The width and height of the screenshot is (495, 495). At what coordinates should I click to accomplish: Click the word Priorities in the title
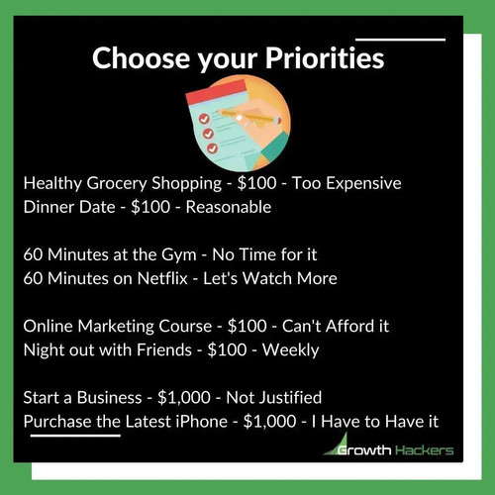(325, 58)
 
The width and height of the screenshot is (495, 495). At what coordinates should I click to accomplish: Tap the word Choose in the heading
(142, 57)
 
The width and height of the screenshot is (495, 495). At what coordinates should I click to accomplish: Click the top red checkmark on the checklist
(204, 119)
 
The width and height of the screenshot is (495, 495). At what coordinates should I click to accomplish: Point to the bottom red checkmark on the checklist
(212, 148)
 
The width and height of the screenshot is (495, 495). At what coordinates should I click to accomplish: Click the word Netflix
(162, 278)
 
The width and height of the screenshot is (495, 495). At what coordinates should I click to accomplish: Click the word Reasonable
(229, 207)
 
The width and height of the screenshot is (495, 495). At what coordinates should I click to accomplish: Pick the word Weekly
(291, 350)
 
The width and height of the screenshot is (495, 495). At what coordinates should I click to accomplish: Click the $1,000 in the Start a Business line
(184, 397)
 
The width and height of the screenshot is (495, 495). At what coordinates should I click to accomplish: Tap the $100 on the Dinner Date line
(150, 207)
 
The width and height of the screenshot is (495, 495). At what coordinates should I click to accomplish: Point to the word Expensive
(363, 184)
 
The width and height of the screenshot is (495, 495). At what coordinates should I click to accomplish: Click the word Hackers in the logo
(425, 450)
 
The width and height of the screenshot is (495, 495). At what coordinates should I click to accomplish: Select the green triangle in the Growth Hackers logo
(337, 444)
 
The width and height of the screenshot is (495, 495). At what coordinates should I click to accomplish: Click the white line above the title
(400, 40)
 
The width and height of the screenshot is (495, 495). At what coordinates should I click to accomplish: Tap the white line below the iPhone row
(75, 436)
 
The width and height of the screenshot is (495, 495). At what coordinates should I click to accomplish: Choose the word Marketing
(116, 327)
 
